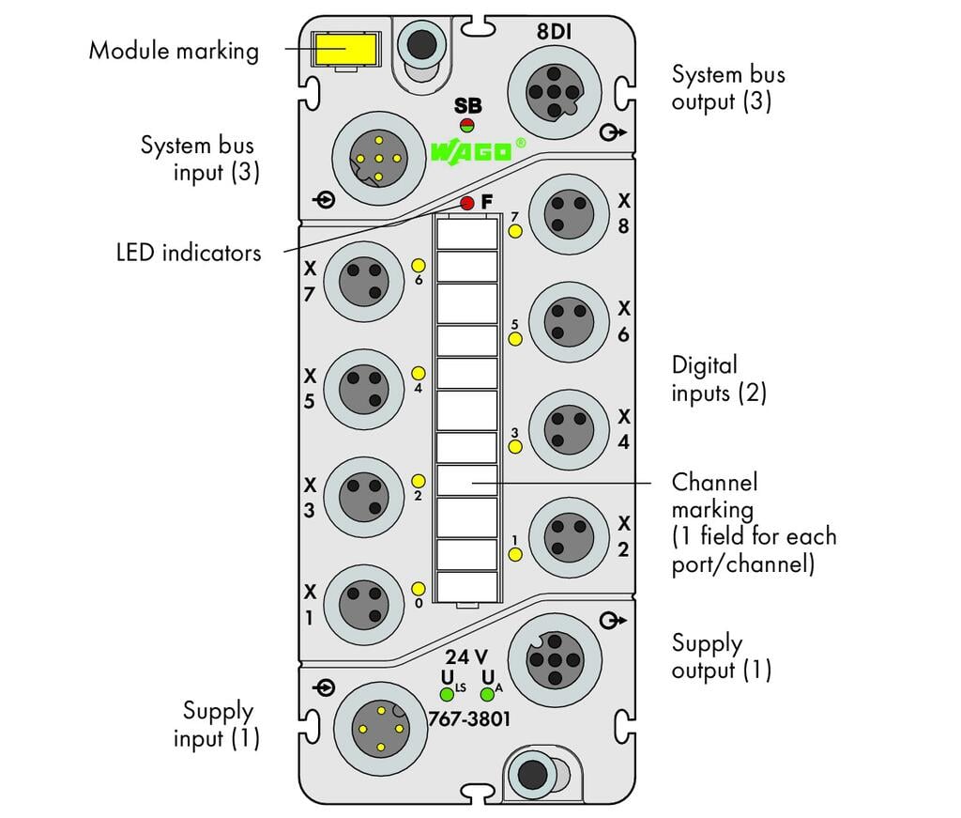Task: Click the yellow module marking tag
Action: [x=345, y=49]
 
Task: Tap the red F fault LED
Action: [x=467, y=203]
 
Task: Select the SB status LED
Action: [x=467, y=127]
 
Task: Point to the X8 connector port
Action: [x=569, y=214]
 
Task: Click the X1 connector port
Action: [x=363, y=605]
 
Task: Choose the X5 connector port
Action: [x=363, y=390]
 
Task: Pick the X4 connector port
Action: [x=569, y=430]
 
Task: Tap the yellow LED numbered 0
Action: [x=418, y=589]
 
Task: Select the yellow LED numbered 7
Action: [x=515, y=231]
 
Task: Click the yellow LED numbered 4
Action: [x=418, y=374]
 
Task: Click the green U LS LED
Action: [x=448, y=694]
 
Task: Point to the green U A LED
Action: [x=487, y=694]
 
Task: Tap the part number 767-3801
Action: [x=469, y=718]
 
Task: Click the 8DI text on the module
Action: [x=554, y=31]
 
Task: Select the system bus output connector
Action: [x=554, y=92]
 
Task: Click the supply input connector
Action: [x=381, y=729]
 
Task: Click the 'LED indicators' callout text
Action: [x=189, y=253]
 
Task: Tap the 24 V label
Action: [x=466, y=656]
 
